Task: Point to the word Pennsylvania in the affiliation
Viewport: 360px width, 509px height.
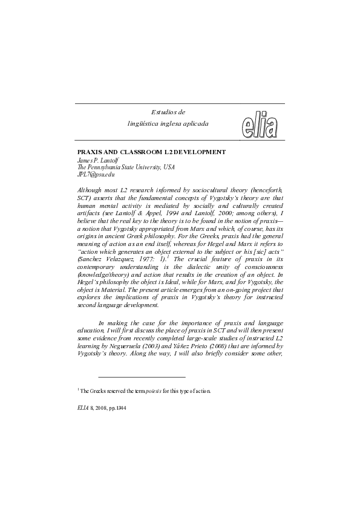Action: click(x=111, y=167)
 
